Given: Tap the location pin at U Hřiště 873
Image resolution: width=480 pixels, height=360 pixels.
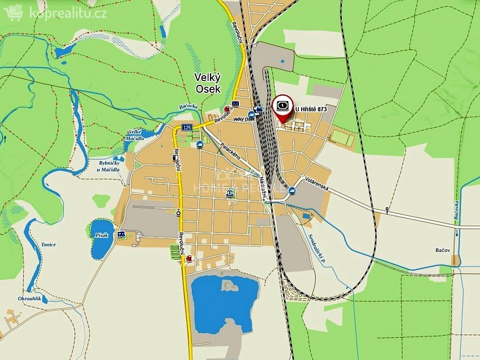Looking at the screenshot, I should point(282,106).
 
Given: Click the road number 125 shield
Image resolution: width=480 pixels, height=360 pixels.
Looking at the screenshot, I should point(187,127).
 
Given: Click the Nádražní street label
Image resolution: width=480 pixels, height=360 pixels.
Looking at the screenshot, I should point(263,187).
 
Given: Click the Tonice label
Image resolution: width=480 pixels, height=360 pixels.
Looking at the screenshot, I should point(48,245).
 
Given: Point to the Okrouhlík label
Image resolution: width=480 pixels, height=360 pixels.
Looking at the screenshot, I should point(29,298).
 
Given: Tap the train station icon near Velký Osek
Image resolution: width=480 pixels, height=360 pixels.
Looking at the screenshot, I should point(259,110).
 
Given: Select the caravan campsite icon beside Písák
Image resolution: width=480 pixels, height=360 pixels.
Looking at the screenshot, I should point(121,234).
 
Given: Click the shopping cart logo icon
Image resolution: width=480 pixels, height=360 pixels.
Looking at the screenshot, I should point(12,12).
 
